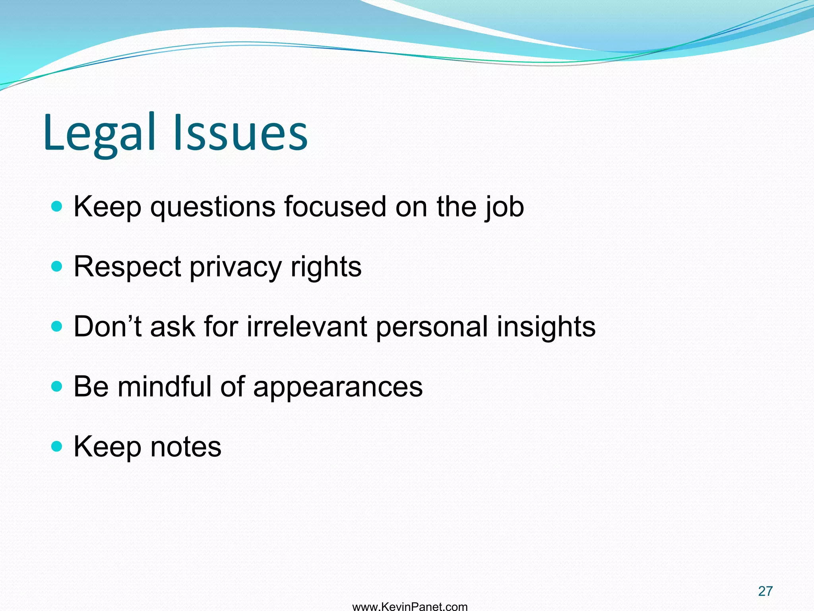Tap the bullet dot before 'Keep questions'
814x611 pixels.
tap(57, 206)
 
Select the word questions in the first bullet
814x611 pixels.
tap(213, 207)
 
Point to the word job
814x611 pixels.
tap(504, 207)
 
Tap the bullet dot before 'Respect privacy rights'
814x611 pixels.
tap(57, 266)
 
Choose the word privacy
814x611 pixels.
tap(236, 267)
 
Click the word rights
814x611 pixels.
tap(326, 267)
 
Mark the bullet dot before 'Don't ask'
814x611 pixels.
tap(57, 327)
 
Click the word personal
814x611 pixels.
tap(432, 327)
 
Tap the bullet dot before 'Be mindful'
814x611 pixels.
tap(57, 386)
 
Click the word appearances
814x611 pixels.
tap(338, 387)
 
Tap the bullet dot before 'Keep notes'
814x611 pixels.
tap(57, 446)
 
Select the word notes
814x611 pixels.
tap(186, 447)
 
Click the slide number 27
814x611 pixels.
tap(765, 591)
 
